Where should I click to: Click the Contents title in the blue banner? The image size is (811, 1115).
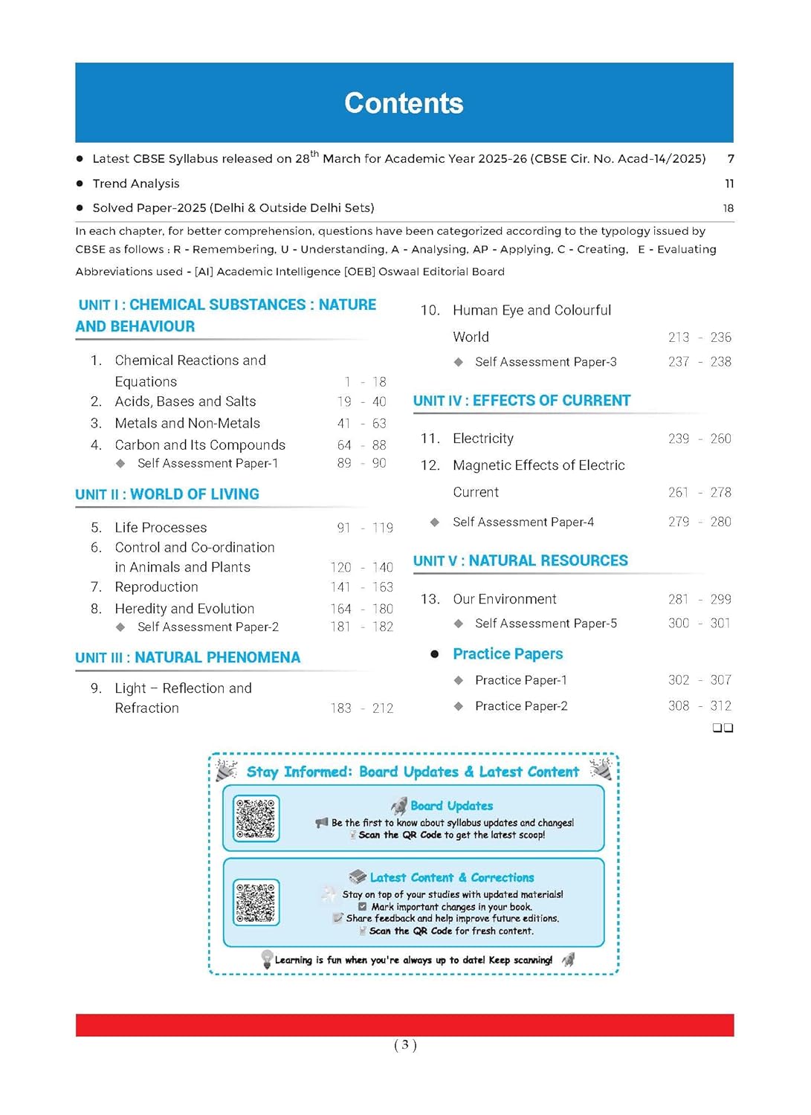click(x=404, y=103)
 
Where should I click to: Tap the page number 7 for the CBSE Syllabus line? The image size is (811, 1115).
click(x=731, y=158)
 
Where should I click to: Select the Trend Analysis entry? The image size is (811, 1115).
click(x=136, y=184)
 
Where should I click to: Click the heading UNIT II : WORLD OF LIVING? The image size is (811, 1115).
click(x=167, y=494)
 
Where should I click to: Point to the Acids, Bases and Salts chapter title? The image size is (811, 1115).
click(x=185, y=401)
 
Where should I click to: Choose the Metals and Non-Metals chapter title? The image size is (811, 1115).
click(x=187, y=423)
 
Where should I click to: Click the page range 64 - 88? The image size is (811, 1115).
click(x=361, y=445)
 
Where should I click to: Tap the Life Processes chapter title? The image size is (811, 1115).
click(x=161, y=527)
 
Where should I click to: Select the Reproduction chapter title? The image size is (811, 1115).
click(x=156, y=586)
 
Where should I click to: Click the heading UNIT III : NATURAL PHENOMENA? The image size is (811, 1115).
click(x=188, y=657)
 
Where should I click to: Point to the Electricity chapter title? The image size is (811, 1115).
click(x=483, y=439)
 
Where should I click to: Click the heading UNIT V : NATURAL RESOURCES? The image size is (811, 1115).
click(x=520, y=560)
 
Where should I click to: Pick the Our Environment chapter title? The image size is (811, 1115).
click(x=505, y=599)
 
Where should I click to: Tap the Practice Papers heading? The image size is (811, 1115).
click(x=508, y=654)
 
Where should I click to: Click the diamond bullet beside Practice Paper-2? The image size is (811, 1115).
click(x=459, y=706)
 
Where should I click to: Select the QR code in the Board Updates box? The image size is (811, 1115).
click(x=256, y=818)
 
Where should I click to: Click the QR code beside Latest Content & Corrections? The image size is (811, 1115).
click(x=256, y=902)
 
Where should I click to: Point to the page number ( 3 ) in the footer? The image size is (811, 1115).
click(x=405, y=1045)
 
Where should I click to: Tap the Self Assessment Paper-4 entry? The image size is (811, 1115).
click(x=523, y=522)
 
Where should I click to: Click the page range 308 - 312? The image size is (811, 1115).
click(x=699, y=705)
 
